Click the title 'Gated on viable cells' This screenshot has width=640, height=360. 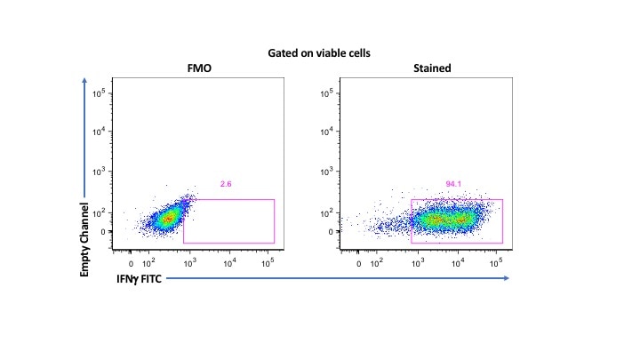(318, 52)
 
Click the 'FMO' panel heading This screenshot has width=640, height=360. (199, 69)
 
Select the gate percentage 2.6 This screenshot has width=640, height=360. (227, 184)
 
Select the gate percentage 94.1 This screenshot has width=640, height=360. (454, 184)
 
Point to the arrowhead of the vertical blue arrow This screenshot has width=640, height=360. (85, 82)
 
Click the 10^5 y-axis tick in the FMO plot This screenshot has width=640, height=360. (101, 92)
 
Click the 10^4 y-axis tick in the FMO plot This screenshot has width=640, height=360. (101, 132)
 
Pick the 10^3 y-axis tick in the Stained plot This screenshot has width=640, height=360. (328, 171)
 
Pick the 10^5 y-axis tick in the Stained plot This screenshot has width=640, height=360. (328, 92)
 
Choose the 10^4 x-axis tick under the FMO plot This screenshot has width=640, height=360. (228, 264)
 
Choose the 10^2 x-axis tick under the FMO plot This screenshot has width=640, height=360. (148, 264)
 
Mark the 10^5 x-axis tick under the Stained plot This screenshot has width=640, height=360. (496, 264)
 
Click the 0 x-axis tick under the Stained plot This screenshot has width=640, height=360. (358, 264)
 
